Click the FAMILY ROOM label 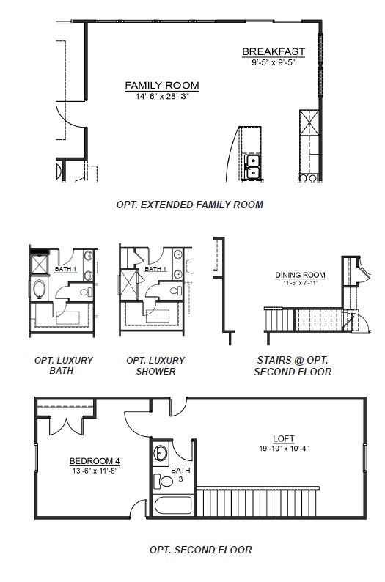[x=161, y=86]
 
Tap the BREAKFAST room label [x=274, y=51]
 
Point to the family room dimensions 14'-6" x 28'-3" [x=161, y=96]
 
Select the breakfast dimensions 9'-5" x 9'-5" [x=274, y=62]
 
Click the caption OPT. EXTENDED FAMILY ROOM [x=189, y=205]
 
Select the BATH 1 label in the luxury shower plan [x=155, y=269]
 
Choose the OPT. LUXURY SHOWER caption [x=155, y=365]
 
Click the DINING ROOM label [x=300, y=275]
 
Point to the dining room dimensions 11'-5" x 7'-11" [x=300, y=283]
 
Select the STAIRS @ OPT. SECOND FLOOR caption [x=293, y=365]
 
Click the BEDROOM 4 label [x=95, y=460]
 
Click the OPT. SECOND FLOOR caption [x=200, y=549]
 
